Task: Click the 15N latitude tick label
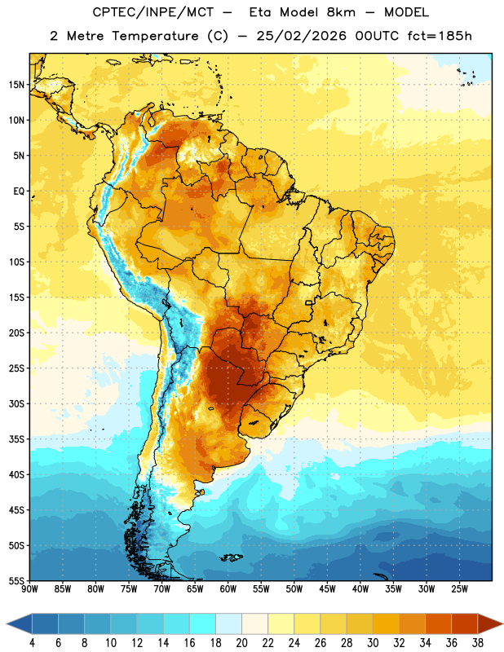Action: click(16, 85)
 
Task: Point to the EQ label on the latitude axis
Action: click(19, 192)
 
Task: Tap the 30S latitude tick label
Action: click(16, 403)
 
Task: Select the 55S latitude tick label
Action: click(16, 581)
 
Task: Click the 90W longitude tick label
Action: click(29, 589)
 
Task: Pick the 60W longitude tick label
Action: click(228, 589)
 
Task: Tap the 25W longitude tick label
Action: click(459, 589)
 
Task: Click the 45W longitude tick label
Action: click(327, 589)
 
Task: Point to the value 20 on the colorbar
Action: click(241, 643)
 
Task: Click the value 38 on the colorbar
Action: click(478, 643)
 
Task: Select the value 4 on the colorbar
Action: click(32, 643)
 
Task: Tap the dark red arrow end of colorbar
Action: click(490, 623)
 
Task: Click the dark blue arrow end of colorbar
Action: click(19, 623)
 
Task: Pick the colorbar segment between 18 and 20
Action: click(228, 623)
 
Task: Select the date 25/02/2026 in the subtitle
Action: click(301, 36)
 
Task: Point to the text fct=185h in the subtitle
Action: click(440, 36)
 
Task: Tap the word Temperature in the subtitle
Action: click(155, 36)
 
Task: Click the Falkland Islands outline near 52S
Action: click(232, 557)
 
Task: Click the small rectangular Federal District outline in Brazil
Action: click(309, 302)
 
